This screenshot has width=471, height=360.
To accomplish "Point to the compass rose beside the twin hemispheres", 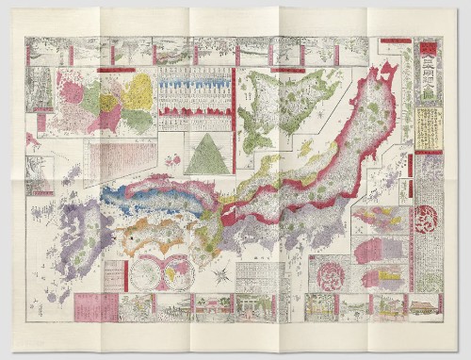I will (x=219, y=277).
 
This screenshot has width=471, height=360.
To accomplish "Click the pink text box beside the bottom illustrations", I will (x=95, y=305).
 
